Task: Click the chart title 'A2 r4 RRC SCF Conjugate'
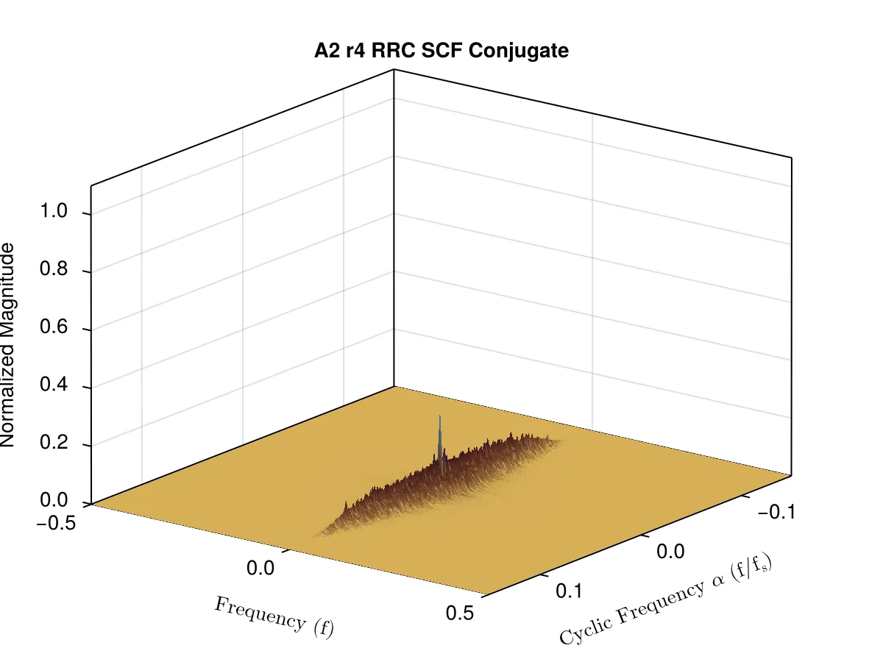point(441,51)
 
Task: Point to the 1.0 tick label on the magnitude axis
point(54,210)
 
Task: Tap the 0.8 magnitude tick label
point(54,268)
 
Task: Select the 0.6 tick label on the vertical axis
point(54,327)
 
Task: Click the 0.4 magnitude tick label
point(54,384)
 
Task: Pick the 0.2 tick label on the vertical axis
point(54,442)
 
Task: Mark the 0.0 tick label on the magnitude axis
point(54,500)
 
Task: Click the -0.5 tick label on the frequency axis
point(56,523)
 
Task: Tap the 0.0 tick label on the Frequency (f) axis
point(260,569)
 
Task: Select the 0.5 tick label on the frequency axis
point(460,613)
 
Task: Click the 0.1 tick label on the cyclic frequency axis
point(570,591)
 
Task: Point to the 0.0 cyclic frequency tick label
point(670,552)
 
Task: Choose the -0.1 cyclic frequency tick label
point(776,512)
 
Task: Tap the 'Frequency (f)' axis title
point(274,618)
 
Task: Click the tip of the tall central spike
point(440,416)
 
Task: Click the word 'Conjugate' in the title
point(519,51)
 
